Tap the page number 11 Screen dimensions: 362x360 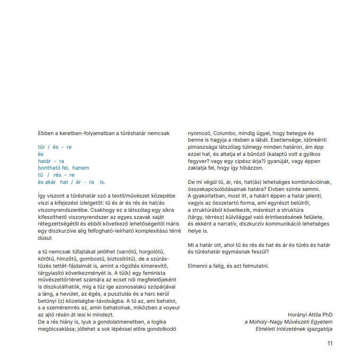[330, 344]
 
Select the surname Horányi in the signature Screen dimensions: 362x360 [298, 315]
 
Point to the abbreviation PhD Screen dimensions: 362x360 [327, 315]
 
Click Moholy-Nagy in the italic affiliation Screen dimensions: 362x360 [265, 322]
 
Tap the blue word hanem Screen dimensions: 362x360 [81, 168]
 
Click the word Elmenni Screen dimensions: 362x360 [198, 266]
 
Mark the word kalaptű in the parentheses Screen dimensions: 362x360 [277, 154]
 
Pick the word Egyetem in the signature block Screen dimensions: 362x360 [322, 322]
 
